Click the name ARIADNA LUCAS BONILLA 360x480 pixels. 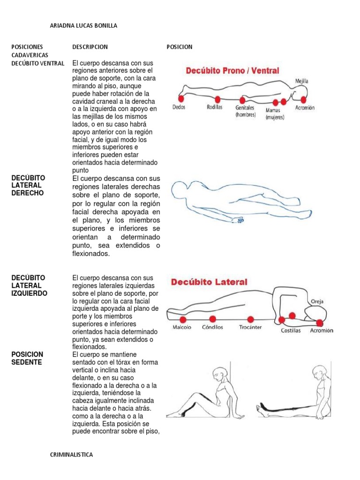(83, 26)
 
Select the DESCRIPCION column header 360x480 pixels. (90, 47)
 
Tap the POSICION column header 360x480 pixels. (180, 47)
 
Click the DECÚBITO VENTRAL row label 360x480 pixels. (38, 63)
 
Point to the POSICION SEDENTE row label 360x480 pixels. (27, 359)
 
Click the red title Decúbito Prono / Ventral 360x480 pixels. (232, 71)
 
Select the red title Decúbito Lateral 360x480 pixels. (209, 282)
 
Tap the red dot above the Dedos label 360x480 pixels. (181, 99)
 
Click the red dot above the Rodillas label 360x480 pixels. (217, 99)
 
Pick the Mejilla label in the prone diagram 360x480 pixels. (301, 81)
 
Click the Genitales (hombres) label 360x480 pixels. (246, 111)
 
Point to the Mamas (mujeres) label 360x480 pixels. (275, 114)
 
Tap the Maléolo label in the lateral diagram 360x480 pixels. (182, 328)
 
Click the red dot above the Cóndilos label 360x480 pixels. (212, 319)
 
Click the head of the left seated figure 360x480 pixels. (218, 375)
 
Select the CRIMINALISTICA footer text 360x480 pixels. (71, 455)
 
